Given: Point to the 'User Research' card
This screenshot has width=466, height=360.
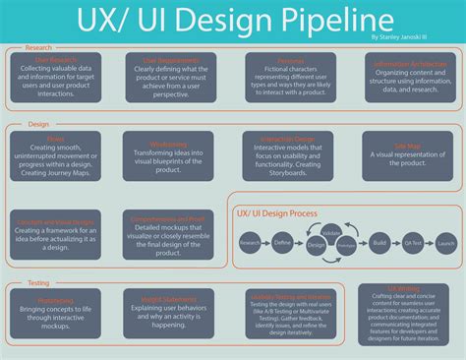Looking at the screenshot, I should [x=57, y=81].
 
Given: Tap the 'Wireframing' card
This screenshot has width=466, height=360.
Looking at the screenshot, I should [x=169, y=153].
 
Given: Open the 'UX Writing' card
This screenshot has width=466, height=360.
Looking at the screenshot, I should [x=404, y=321].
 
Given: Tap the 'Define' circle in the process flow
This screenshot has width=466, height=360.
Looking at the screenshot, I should [x=283, y=242].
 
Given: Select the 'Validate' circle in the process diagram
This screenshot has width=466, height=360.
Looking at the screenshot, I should [x=331, y=233].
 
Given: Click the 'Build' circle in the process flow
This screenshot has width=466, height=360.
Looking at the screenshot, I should [x=379, y=242].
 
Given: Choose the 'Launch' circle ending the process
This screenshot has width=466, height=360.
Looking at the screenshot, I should [x=445, y=242].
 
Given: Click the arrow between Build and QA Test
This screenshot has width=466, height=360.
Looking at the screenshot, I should [x=395, y=242].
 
